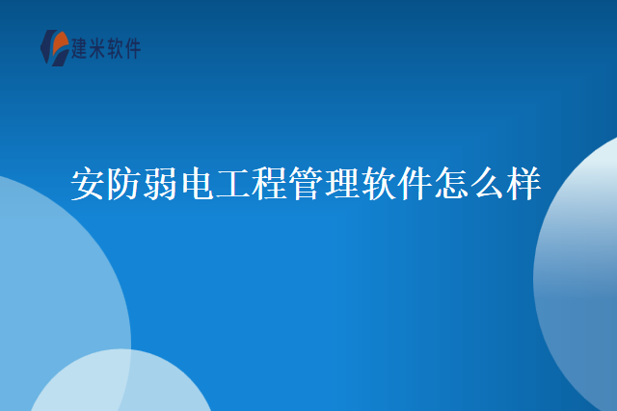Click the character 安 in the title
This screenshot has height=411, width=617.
click(x=89, y=184)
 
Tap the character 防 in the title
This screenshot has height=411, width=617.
click(x=125, y=184)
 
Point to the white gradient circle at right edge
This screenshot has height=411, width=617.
click(x=583, y=279)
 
